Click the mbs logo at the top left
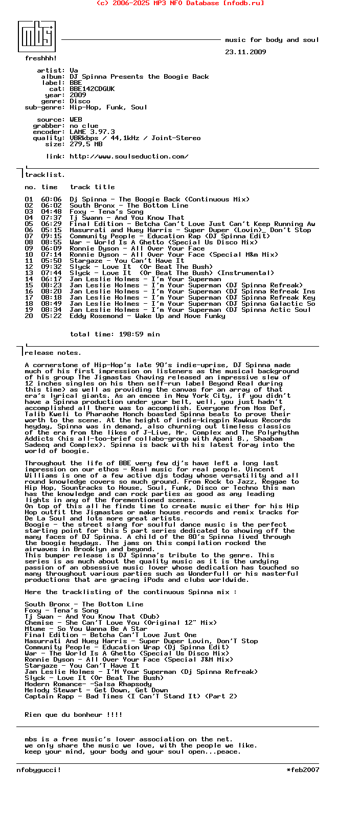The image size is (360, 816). click(37, 36)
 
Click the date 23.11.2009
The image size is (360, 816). click(245, 52)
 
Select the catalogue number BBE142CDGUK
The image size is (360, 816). click(92, 89)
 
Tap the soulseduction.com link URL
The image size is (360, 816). click(129, 156)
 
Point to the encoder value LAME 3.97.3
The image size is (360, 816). click(92, 132)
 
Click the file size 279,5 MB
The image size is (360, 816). click(86, 144)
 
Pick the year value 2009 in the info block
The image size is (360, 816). click(78, 95)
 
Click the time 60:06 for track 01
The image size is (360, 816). click(51, 199)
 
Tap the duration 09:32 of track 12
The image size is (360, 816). click(51, 267)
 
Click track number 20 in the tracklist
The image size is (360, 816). click(29, 316)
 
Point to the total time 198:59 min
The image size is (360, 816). click(115, 334)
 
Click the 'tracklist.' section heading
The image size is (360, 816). click(45, 175)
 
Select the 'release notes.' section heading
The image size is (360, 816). click(53, 353)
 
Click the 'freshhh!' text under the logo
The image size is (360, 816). click(41, 58)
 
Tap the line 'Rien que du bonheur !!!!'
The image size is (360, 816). click(74, 715)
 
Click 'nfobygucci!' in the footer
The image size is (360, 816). click(39, 770)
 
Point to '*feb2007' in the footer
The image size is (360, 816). click(303, 770)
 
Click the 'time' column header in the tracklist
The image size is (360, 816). click(49, 187)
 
